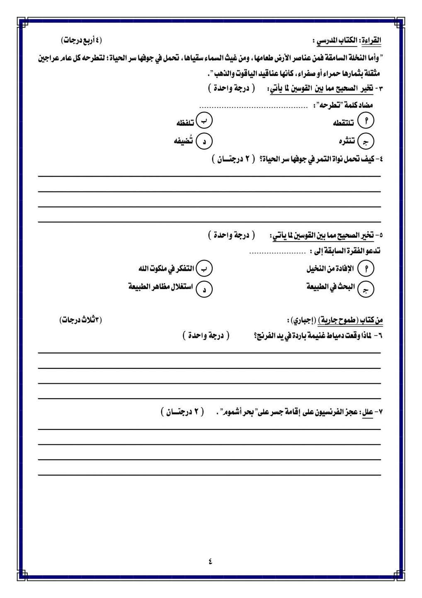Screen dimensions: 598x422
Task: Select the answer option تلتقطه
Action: point(344,123)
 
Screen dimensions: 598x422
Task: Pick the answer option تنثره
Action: point(347,141)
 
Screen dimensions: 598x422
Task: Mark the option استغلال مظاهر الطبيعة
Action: point(160,287)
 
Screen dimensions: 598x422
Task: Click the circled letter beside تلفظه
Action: point(204,120)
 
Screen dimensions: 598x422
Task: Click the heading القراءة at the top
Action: point(371,41)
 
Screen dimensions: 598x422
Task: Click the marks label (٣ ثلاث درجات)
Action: point(81,319)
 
